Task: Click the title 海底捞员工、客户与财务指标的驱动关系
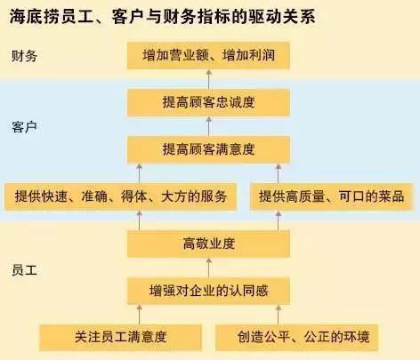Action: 162,17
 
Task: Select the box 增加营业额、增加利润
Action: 208,56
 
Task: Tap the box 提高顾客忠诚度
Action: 208,102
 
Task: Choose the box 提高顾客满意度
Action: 208,149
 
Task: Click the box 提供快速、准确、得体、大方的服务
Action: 120,196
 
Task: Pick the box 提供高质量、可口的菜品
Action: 331,196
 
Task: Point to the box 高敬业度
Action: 208,244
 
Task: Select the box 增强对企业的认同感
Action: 208,291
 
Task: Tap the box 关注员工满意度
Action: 120,338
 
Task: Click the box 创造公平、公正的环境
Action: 296,338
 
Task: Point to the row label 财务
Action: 24,56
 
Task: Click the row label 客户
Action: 24,127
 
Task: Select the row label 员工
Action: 24,270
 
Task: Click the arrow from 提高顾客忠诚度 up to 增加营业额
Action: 209,79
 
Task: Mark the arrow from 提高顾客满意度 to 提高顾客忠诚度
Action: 209,126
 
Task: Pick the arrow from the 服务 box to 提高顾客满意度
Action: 139,173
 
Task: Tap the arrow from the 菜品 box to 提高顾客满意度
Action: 279,173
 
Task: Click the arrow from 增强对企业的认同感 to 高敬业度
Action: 209,268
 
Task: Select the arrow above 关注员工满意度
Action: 139,315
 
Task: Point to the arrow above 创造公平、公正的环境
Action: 279,315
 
